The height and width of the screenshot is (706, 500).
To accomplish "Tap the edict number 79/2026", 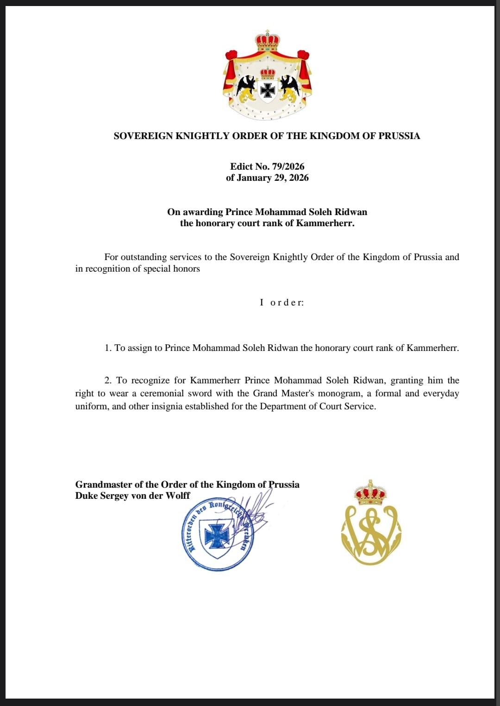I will tap(288, 166).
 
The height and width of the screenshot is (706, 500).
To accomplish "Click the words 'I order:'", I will tap(282, 303).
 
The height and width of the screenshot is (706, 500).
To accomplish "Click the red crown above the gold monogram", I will tap(370, 493).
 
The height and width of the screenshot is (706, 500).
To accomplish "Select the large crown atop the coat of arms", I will tap(268, 41).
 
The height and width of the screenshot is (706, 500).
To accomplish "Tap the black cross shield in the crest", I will tap(268, 91).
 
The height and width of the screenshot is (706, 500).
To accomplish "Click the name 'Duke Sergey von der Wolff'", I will tap(132, 496).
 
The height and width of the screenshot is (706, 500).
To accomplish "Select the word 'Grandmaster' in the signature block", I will tap(104, 484).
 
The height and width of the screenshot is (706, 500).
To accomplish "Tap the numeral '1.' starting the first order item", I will tap(108, 348).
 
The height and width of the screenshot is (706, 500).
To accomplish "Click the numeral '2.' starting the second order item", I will tap(108, 381).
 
